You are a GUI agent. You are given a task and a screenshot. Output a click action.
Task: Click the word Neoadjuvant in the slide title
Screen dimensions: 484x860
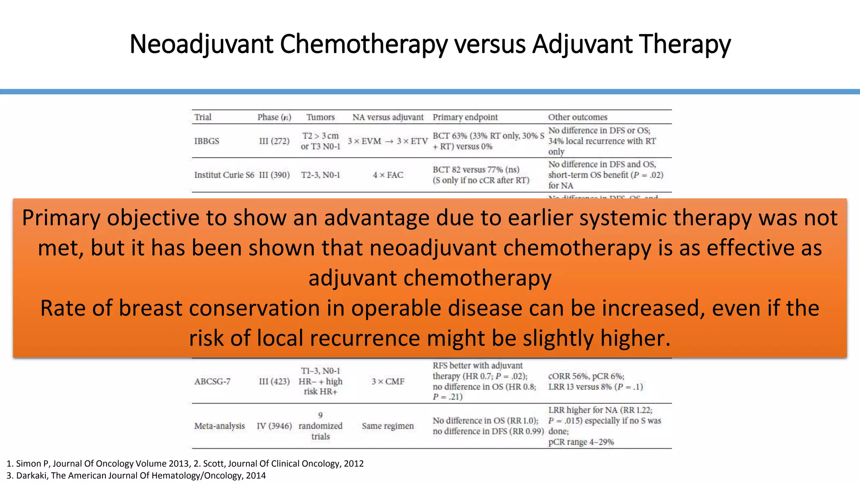coord(202,44)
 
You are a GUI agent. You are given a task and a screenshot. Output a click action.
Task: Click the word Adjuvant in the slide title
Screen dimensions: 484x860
coord(582,44)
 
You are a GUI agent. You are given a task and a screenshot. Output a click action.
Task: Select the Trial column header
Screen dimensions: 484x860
coord(203,117)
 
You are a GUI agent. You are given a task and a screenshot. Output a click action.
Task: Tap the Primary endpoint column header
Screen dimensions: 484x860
coord(465,117)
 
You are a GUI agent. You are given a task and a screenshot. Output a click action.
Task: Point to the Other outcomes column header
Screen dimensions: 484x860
coord(577,117)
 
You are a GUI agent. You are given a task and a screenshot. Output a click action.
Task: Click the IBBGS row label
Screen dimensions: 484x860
coord(207,141)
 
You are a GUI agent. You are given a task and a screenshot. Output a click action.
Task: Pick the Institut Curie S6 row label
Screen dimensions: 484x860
coord(224,175)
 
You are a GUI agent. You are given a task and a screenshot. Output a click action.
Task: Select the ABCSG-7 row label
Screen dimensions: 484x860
coord(212,381)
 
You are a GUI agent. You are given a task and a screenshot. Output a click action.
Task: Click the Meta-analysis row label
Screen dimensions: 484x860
coord(219,426)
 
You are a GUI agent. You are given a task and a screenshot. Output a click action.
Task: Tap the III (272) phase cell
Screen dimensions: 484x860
coord(274,141)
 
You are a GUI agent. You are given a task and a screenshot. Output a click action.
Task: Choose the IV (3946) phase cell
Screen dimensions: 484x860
coord(274,426)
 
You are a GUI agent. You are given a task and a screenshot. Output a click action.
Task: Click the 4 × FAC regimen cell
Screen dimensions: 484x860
coord(388,175)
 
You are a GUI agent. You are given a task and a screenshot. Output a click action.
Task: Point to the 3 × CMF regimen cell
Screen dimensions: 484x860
coord(388,381)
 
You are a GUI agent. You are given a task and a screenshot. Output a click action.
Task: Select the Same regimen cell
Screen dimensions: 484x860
coord(388,426)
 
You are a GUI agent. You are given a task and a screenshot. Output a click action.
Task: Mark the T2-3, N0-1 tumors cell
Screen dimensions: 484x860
coord(320,175)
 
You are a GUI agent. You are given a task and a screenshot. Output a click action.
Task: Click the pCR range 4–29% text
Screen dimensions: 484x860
coord(581,442)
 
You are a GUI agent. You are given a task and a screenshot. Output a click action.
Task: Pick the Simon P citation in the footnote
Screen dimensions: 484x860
coord(32,463)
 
